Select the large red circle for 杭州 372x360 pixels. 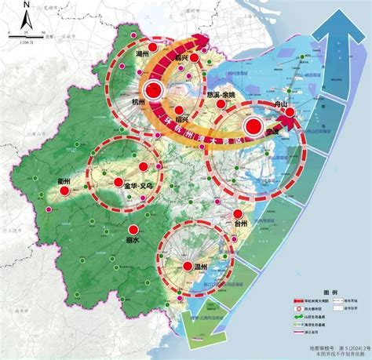(155, 91)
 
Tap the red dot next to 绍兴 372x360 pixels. (181, 111)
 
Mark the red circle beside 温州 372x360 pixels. (188, 267)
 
